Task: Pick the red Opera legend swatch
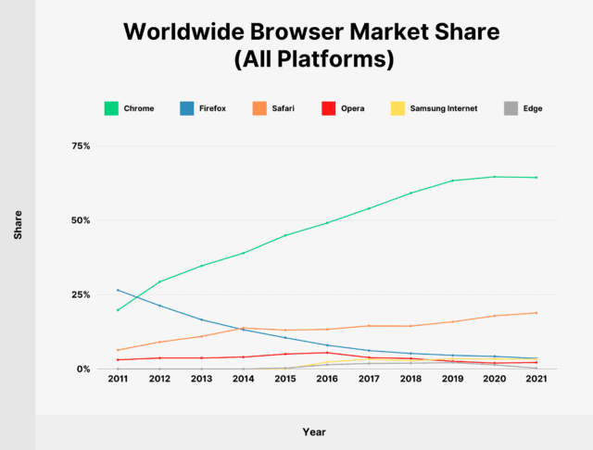pyautogui.click(x=352, y=108)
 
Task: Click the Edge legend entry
pyautogui.click(x=532, y=108)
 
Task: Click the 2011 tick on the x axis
pyautogui.click(x=118, y=380)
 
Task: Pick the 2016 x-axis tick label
pyautogui.click(x=327, y=380)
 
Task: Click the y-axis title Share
pyautogui.click(x=19, y=230)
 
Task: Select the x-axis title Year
pyautogui.click(x=314, y=431)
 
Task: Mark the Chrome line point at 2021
pyautogui.click(x=536, y=178)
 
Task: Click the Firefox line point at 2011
pyautogui.click(x=118, y=290)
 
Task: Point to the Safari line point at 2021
pyautogui.click(x=536, y=313)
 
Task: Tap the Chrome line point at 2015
pyautogui.click(x=285, y=235)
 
